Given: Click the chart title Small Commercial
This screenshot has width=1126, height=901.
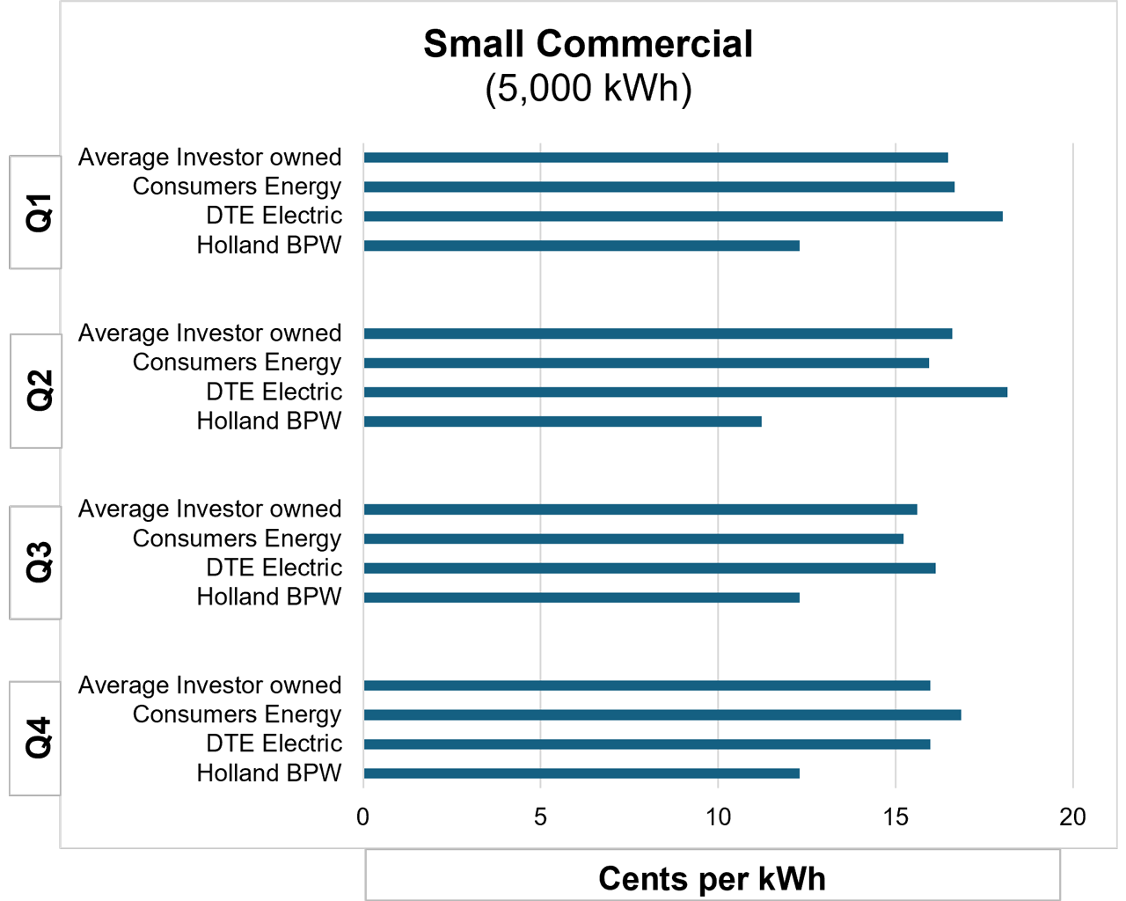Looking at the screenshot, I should tap(588, 44).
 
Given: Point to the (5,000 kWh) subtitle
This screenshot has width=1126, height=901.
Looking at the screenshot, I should tap(588, 88).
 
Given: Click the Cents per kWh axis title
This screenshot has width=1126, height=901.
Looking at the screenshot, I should tap(712, 878).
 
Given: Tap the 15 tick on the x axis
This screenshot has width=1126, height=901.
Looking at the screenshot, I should tap(896, 817).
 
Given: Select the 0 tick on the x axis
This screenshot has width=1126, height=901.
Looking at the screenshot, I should tap(362, 817).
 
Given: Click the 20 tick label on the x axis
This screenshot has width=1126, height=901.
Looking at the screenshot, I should tap(1072, 817).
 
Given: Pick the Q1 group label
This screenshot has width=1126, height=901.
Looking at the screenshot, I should tap(38, 212).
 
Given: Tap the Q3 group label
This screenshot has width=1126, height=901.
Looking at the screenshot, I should tap(38, 562).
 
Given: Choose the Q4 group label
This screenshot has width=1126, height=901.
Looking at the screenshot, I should tap(38, 738).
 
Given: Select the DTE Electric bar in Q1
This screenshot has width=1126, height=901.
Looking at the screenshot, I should tap(683, 216).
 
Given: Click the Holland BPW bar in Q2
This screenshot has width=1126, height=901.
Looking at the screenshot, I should tap(562, 421).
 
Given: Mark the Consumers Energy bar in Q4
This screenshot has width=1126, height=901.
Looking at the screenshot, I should tap(662, 714).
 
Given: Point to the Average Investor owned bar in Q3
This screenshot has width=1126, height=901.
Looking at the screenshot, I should tap(640, 509).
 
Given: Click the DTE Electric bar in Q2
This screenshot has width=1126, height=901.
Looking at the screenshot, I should tap(685, 392).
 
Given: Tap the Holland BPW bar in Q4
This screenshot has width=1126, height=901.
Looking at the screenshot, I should tap(581, 773).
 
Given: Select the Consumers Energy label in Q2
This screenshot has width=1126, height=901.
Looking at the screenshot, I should tap(237, 363).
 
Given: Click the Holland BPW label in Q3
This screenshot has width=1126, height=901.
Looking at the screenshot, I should tap(268, 597).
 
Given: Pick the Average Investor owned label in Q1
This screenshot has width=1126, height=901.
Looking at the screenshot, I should tap(209, 157).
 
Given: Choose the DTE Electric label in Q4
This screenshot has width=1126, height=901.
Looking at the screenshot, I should tap(274, 744).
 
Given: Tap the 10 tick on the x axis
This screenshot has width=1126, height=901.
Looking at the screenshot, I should tap(718, 817).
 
